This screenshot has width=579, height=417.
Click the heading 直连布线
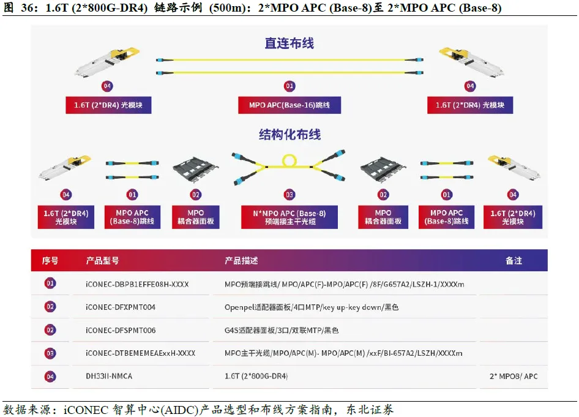tap(289, 43)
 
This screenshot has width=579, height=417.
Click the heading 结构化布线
tap(289, 135)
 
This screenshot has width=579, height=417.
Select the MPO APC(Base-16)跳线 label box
tap(289, 105)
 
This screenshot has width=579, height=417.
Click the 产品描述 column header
tap(241, 260)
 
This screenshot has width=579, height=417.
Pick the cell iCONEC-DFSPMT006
tap(121, 330)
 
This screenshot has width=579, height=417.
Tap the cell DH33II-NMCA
tap(109, 375)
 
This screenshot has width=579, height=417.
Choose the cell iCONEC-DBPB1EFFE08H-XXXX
tap(137, 284)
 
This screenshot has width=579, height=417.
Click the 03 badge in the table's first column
tap(50, 353)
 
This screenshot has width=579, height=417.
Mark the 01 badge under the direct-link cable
tap(289, 86)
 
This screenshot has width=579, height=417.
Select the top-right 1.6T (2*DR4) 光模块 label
tap(469, 105)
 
